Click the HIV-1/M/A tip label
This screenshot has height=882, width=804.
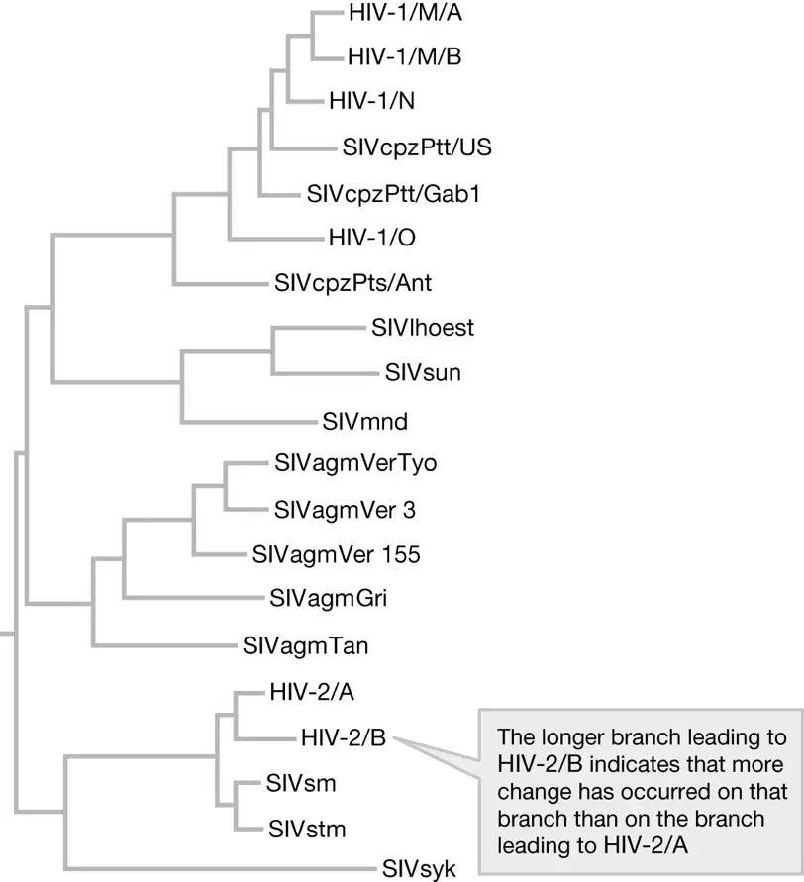pos(405,13)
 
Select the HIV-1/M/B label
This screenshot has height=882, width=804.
pos(405,56)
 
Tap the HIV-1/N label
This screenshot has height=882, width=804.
pos(372,101)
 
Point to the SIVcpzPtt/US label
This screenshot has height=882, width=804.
pos(417,147)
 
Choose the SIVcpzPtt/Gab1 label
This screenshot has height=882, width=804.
pos(393,194)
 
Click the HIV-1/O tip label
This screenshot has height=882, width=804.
pos(372,238)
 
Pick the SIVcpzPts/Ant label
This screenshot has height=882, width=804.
pos(352,282)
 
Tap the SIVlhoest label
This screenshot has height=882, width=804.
pos(423,328)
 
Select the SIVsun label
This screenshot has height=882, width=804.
pos(423,372)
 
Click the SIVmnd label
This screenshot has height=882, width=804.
pos(364,422)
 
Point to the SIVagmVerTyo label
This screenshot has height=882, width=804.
pos(355,463)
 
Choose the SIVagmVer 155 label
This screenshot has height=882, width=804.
pos(336,554)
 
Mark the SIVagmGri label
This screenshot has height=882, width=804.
pos(328,598)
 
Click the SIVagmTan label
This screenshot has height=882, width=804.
pos(306,645)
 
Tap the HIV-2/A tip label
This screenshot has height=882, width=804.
pos(312,692)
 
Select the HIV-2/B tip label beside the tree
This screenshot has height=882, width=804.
pos(344,737)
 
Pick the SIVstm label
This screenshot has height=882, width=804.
pos(307,830)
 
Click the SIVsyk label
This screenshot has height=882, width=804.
pos(419,869)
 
